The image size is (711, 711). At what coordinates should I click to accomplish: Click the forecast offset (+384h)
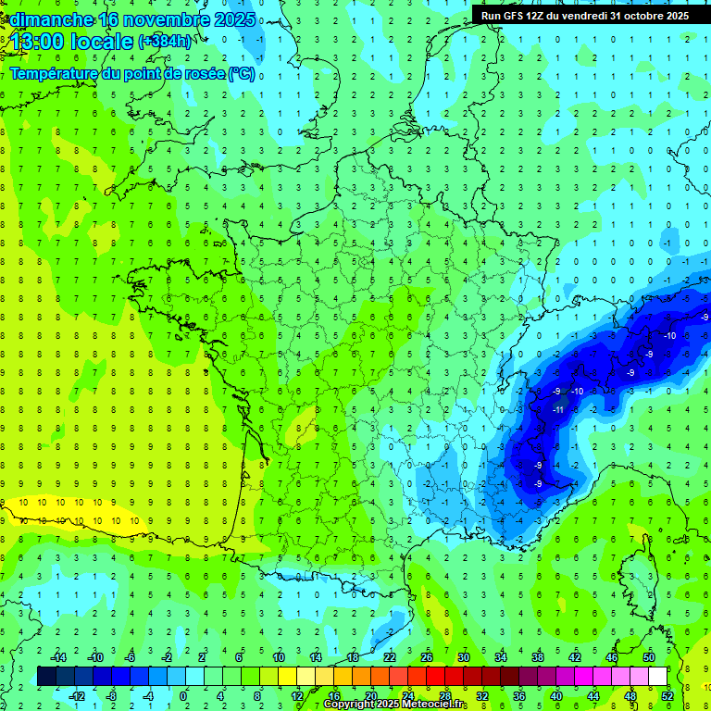(166, 42)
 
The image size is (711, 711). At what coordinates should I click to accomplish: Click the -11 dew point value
(558, 409)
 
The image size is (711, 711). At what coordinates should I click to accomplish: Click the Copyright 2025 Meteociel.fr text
(395, 705)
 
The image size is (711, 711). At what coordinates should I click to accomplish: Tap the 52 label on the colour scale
(667, 696)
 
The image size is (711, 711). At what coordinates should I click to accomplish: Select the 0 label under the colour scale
(183, 696)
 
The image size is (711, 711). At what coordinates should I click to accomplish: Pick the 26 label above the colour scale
(427, 657)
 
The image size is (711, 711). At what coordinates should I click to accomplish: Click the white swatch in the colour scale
(657, 677)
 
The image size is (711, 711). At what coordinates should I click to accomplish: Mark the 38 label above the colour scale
(538, 657)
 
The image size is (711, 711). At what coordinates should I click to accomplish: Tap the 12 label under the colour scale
(297, 696)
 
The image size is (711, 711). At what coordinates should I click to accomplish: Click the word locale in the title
(103, 42)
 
